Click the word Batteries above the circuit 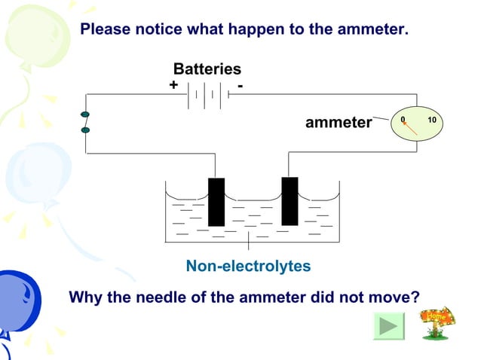tap(207, 69)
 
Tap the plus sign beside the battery tap(173, 85)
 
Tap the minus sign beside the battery tap(240, 85)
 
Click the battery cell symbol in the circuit tap(205, 95)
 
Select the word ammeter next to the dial tap(339, 123)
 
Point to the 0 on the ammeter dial tap(403, 121)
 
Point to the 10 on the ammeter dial tap(431, 121)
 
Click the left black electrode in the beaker tap(216, 202)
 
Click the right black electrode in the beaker tap(290, 201)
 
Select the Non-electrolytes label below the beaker tap(248, 267)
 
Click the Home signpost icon tap(437, 322)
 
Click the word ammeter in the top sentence tap(372, 30)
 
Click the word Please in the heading tap(106, 30)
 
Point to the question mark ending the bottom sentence tap(415, 297)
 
